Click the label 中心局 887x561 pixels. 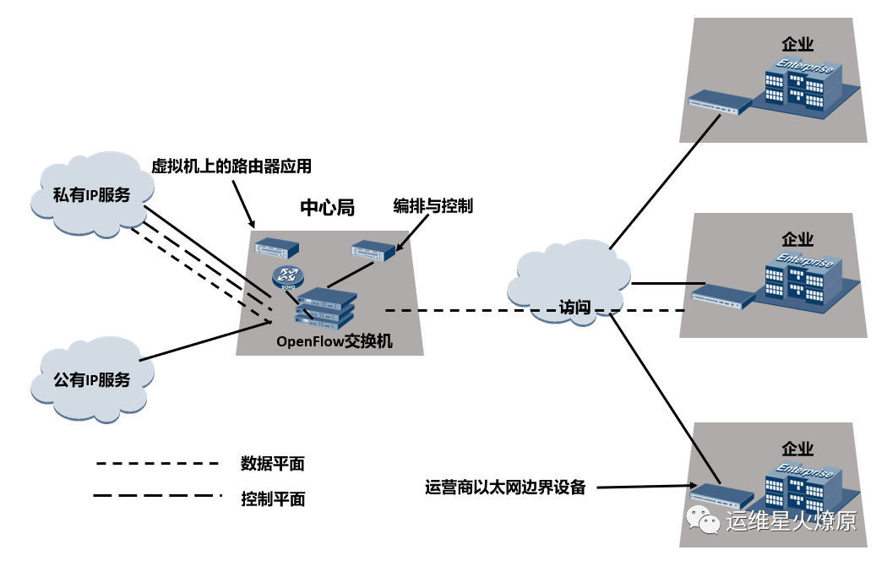click(x=327, y=208)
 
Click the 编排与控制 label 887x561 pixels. click(x=433, y=206)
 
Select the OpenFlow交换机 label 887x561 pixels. click(x=335, y=341)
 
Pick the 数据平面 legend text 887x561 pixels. click(x=272, y=464)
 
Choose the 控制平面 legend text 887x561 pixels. click(x=272, y=498)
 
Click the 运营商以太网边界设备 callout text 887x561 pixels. click(x=505, y=487)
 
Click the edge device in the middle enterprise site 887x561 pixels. click(x=723, y=296)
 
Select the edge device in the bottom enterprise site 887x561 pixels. click(x=722, y=493)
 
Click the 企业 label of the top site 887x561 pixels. click(x=797, y=43)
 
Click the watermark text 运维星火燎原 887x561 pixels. click(x=791, y=521)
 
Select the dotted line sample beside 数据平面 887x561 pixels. click(x=158, y=464)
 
